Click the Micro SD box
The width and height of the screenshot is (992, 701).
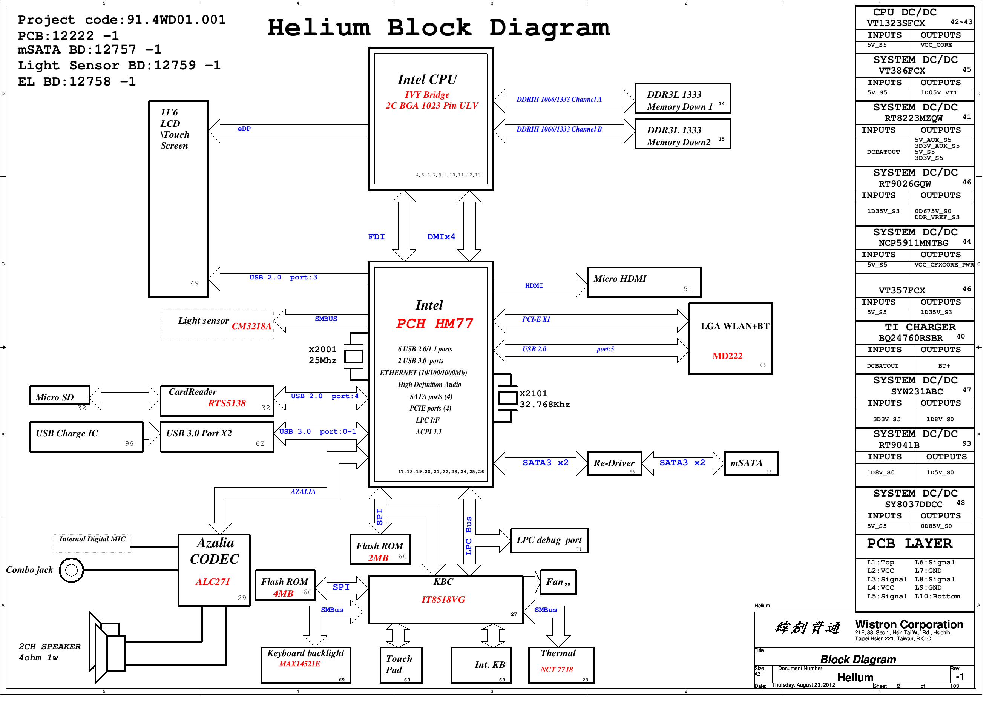pos(60,400)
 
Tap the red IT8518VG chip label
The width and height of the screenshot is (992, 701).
pos(447,605)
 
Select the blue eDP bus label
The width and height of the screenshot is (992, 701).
pos(246,130)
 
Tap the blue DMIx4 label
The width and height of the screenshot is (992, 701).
pos(445,239)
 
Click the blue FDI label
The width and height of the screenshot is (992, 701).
pos(380,239)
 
